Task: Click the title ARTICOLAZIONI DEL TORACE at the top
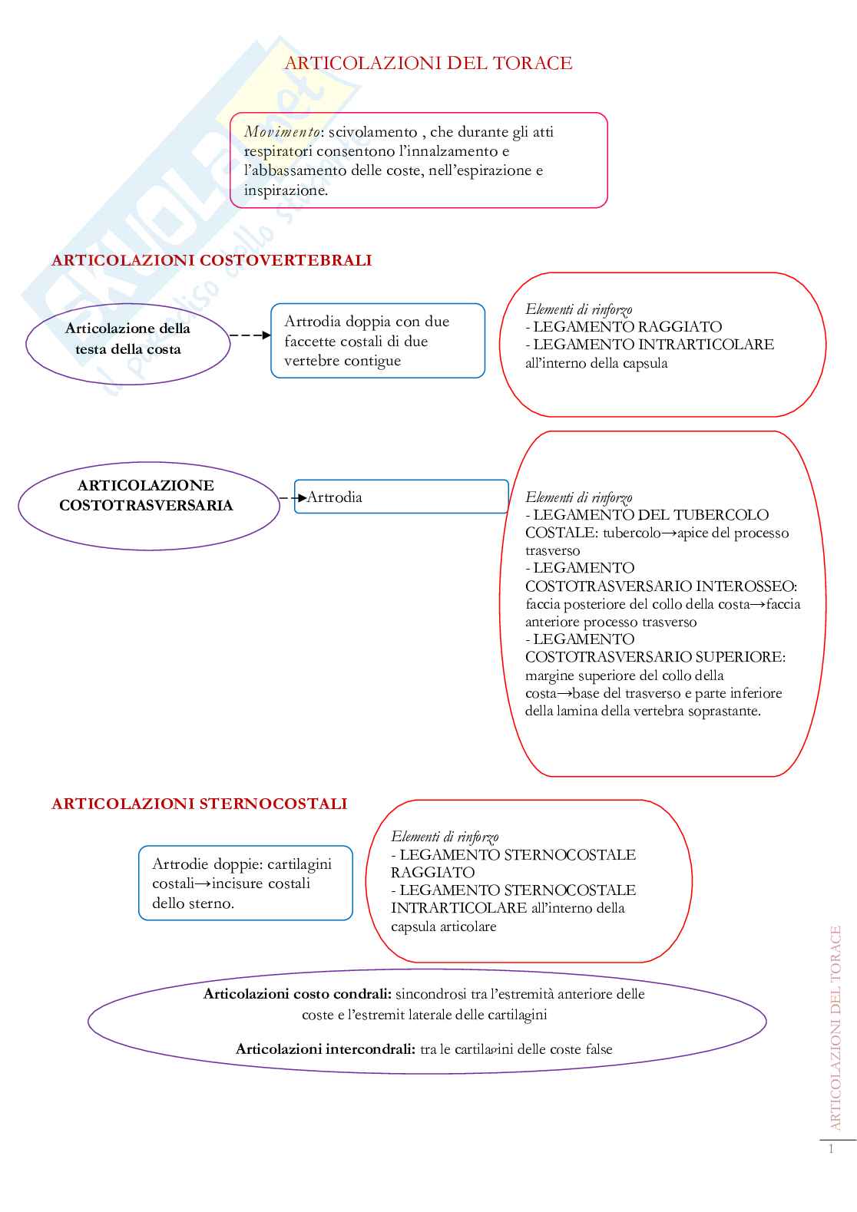pos(428,63)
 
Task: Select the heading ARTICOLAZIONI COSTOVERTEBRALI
pos(211,260)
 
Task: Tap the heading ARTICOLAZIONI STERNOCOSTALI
pos(199,804)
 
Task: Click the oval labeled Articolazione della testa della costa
pos(127,339)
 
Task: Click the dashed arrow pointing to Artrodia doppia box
pos(250,335)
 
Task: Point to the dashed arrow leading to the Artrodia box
pos(293,498)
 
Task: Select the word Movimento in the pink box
pos(281,132)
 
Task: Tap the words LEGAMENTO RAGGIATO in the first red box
pos(627,327)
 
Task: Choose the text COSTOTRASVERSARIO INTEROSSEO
pos(660,586)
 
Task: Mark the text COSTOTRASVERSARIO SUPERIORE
pos(654,657)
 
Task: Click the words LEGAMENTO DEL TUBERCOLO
pos(650,515)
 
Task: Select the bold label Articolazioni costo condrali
pos(297,994)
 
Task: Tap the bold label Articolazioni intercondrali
pos(326,1049)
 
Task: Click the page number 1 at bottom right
pos(831,1149)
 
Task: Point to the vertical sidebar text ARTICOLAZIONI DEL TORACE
pos(836,1028)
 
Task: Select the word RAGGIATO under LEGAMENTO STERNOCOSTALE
pos(432,873)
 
